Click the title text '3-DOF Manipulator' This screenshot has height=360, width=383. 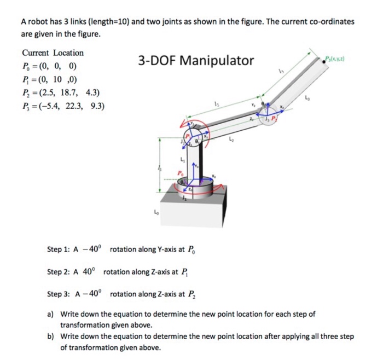click(195, 61)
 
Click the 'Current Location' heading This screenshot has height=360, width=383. click(53, 53)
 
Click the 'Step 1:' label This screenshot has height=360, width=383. click(59, 249)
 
